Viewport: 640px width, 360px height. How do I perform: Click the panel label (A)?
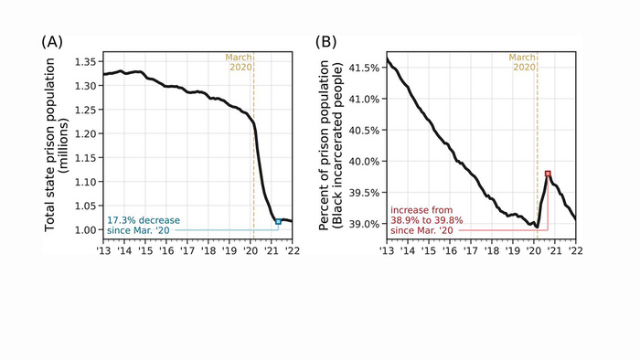point(54,42)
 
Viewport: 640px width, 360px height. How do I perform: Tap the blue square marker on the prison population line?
point(277,222)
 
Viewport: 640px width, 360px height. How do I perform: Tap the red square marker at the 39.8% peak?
point(547,174)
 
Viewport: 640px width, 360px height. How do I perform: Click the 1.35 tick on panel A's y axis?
point(83,61)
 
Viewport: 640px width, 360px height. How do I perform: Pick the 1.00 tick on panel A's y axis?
point(83,229)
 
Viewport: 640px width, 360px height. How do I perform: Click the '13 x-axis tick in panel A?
point(103,250)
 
